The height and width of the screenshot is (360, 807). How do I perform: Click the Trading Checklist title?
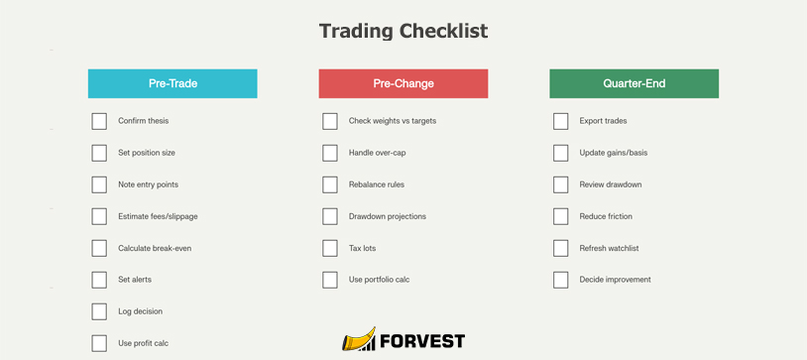click(x=403, y=31)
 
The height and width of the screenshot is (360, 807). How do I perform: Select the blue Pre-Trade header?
click(x=173, y=83)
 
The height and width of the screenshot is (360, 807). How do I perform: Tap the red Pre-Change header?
click(x=403, y=83)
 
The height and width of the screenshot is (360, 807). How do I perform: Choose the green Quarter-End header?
click(x=634, y=83)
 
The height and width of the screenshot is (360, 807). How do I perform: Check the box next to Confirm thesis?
click(x=99, y=121)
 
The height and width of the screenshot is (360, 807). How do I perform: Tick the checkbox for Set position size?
click(x=99, y=153)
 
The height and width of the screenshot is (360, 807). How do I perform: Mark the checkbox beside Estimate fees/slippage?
click(x=99, y=216)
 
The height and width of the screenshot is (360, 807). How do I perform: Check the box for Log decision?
click(x=99, y=311)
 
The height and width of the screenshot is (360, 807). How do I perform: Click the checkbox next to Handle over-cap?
click(x=330, y=153)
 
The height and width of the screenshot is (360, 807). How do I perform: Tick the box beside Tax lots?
click(x=330, y=248)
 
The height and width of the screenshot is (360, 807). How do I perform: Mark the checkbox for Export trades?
click(x=561, y=121)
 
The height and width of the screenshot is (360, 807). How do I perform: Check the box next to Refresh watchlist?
click(x=561, y=248)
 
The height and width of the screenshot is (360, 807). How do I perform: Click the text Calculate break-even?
click(x=155, y=248)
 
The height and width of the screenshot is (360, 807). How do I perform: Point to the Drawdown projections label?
click(x=387, y=216)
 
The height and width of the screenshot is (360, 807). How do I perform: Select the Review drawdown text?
click(x=611, y=184)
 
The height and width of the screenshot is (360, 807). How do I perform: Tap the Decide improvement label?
click(x=615, y=280)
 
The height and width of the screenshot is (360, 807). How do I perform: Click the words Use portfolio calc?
click(x=379, y=280)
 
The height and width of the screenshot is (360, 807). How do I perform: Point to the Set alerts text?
click(x=135, y=280)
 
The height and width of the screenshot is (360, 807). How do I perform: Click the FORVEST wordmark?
click(x=421, y=342)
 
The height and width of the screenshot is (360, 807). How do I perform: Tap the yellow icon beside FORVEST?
click(x=359, y=340)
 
